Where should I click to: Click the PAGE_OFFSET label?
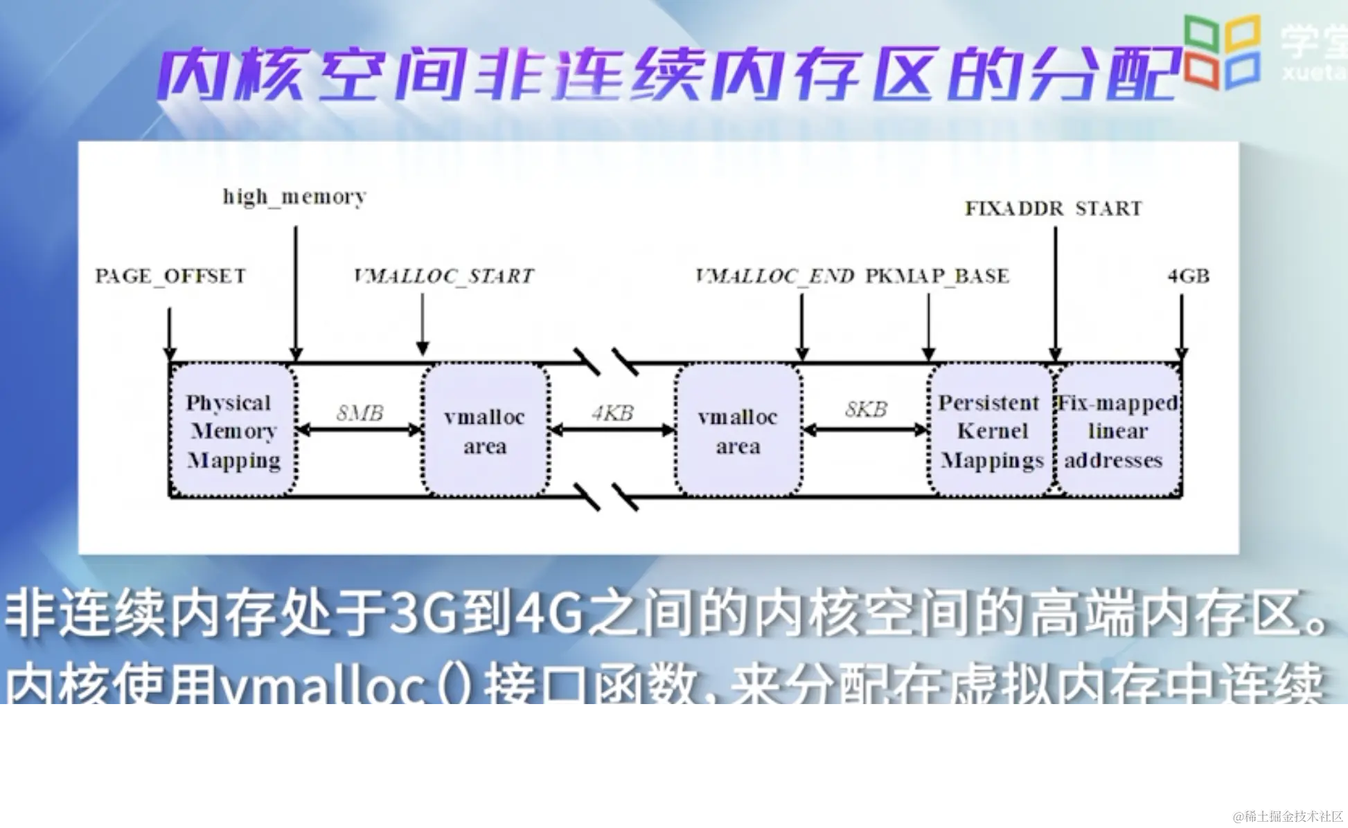pos(170,276)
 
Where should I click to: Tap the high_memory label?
pos(294,197)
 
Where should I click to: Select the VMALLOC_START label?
pos(443,276)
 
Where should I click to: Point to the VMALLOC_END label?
pos(774,276)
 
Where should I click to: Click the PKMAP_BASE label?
pos(937,276)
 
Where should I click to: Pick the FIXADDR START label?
pos(1053,208)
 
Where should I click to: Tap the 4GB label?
pos(1188,276)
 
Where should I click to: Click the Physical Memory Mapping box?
pos(233,431)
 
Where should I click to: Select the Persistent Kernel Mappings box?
pos(991,431)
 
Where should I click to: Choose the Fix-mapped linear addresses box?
pos(1117,431)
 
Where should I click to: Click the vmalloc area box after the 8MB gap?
pos(485,431)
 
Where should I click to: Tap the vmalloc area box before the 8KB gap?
pos(738,431)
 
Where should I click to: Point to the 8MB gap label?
pos(360,413)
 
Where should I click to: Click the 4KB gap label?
pos(612,413)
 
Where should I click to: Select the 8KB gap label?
pos(866,410)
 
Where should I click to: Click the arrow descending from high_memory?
pos(296,291)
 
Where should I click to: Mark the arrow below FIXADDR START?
pos(1055,291)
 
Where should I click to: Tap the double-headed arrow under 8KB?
pos(865,431)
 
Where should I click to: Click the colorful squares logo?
pos(1221,52)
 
